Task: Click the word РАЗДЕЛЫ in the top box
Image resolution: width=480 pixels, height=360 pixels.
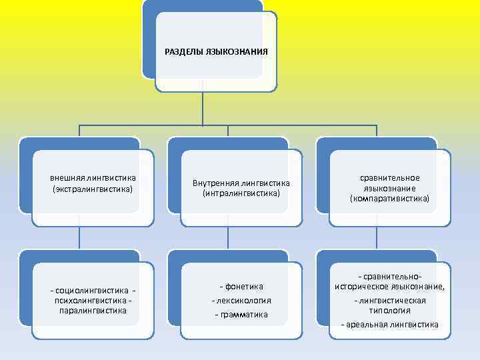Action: (185, 51)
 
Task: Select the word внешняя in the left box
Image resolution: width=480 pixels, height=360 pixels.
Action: (69, 178)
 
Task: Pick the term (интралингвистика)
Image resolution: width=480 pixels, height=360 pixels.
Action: (241, 193)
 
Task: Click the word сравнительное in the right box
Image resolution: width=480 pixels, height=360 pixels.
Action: (390, 177)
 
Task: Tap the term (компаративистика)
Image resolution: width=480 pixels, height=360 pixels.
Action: (390, 199)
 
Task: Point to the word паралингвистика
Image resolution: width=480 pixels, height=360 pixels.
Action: (93, 310)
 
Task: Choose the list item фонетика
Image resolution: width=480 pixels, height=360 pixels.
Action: (243, 287)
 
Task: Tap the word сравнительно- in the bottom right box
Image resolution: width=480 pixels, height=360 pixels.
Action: (392, 276)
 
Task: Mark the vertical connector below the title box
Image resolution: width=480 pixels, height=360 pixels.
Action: (203, 107)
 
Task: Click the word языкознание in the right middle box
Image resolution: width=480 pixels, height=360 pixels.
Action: (389, 188)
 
